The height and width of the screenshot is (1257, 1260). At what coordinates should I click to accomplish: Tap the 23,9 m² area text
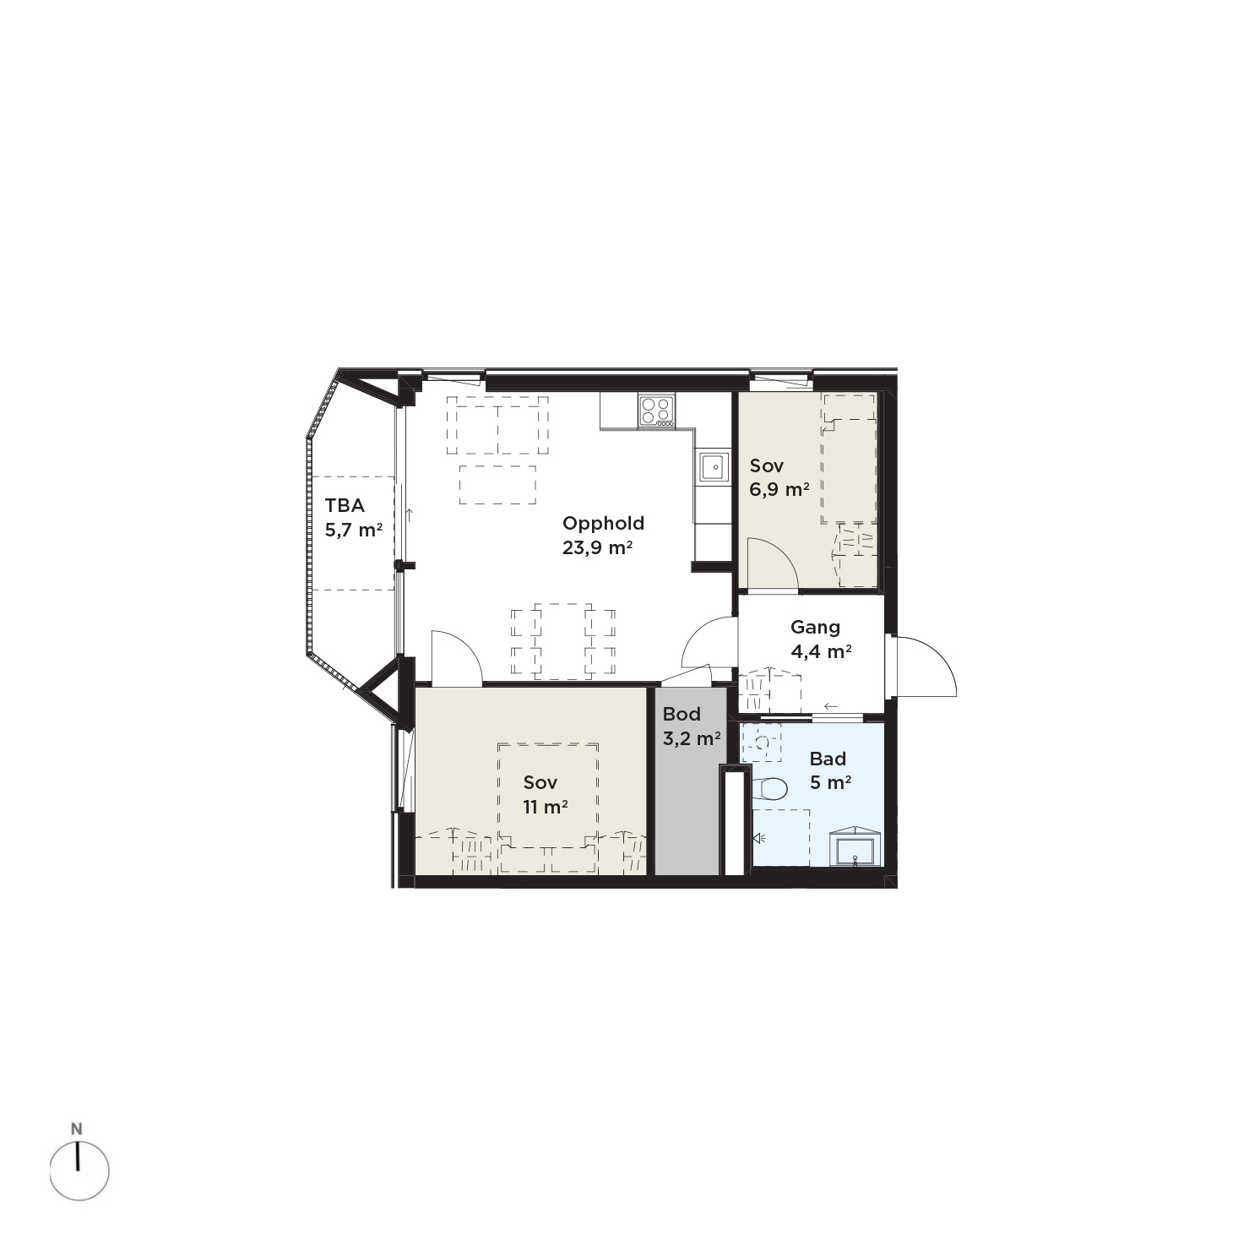[x=598, y=547]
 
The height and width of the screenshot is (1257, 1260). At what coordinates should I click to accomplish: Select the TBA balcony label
[x=345, y=506]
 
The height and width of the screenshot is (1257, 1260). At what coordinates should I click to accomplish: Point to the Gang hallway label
[x=815, y=628]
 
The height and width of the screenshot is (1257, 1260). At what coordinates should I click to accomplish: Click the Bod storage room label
[x=681, y=715]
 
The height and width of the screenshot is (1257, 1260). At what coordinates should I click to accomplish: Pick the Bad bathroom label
[x=828, y=759]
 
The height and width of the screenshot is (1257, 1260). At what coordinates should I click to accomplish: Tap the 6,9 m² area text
[x=779, y=489]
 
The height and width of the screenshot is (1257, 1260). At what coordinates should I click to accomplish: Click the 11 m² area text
[x=545, y=807]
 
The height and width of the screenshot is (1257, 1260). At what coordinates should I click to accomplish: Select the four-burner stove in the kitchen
[x=656, y=411]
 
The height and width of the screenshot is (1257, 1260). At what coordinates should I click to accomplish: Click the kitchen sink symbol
[x=714, y=466]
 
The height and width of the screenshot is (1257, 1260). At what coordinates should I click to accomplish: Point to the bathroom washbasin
[x=855, y=846]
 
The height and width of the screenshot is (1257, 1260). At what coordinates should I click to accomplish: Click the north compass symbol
[x=79, y=1171]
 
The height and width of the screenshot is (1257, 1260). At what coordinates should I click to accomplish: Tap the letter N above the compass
[x=77, y=1129]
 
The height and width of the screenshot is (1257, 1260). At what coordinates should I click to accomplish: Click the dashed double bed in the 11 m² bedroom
[x=548, y=796]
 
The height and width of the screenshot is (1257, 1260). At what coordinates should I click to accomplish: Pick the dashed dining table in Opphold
[x=563, y=641]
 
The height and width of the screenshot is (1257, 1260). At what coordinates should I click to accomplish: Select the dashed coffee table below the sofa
[x=497, y=484]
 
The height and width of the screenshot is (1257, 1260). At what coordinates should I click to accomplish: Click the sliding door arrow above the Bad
[x=831, y=706]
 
